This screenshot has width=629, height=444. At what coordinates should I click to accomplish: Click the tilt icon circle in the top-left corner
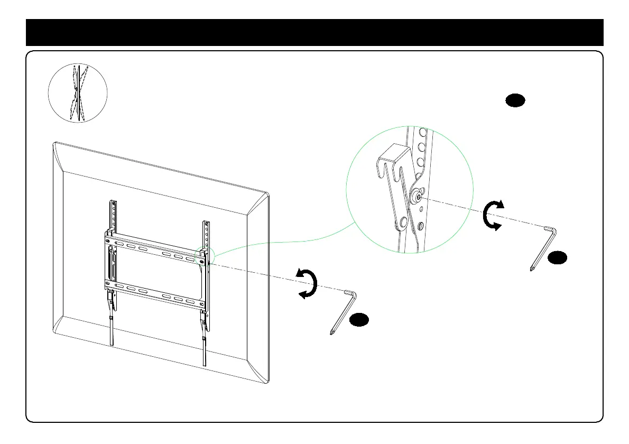[x=78, y=94]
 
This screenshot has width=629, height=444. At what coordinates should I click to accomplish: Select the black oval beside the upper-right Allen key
[x=557, y=258]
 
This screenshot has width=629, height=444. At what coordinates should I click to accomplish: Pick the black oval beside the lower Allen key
[x=358, y=319]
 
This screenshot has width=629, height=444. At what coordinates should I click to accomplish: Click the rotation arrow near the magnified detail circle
[x=493, y=216]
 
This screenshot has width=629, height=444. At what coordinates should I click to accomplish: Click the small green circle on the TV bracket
[x=203, y=256]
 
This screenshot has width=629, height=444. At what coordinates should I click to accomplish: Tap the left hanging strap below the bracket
[x=112, y=330]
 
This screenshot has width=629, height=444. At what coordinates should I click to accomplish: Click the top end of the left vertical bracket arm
[x=114, y=203]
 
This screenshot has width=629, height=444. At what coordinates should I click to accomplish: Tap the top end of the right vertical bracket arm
[x=206, y=224]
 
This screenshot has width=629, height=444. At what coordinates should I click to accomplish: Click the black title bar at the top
[x=314, y=33]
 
